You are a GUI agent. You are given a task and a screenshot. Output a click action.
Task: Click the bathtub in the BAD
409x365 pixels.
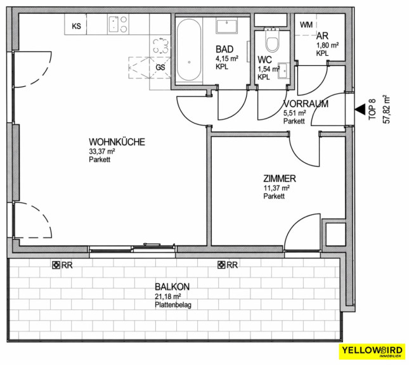tap(189, 49)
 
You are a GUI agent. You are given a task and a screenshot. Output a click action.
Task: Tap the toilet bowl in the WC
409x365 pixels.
tap(272, 41)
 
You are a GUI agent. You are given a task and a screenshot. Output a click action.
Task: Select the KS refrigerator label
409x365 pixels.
tap(77, 26)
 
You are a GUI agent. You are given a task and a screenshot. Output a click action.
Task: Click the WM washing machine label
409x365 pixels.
tap(306, 25)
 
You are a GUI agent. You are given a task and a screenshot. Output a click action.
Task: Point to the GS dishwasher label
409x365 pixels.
tap(160, 67)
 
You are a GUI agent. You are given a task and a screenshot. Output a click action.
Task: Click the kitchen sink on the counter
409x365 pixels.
tap(114, 24)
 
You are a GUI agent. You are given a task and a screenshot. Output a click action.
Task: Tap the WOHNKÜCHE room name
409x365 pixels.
tap(117, 142)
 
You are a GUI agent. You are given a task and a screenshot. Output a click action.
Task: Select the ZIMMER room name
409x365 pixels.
tap(280, 179)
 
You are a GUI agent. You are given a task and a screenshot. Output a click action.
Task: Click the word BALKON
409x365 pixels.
tap(172, 287)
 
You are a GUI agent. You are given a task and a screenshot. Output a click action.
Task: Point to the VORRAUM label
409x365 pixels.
tap(306, 104)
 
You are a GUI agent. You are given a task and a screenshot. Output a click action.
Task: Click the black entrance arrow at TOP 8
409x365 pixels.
tap(360, 109)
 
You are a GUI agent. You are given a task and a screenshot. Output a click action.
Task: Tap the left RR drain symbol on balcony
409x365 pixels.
tap(55, 265)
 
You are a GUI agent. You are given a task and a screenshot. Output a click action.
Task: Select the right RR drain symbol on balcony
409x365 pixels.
tap(221, 265)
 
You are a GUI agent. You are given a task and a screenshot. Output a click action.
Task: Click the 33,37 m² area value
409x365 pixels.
tap(102, 151)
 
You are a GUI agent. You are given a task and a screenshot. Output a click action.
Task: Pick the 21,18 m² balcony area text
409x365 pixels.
tap(168, 297)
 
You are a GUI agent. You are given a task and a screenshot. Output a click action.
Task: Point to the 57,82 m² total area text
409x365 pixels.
tap(386, 109)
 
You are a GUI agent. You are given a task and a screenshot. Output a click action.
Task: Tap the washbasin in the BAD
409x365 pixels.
tap(226, 26)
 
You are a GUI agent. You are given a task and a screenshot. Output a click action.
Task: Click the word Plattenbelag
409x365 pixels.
tap(173, 305)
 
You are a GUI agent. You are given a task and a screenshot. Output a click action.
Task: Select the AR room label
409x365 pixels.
tap(322, 35)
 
